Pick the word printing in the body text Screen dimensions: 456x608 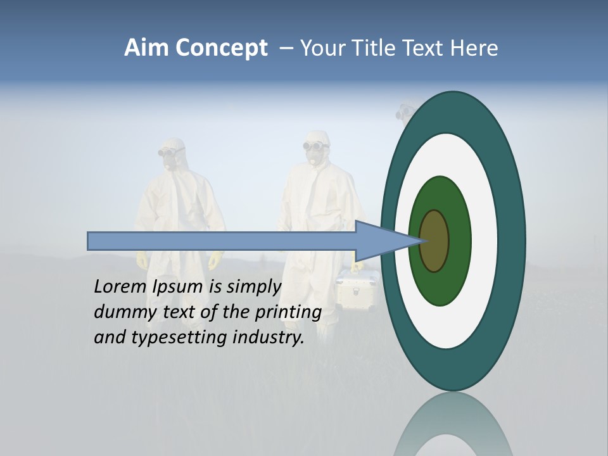pyautogui.click(x=288, y=313)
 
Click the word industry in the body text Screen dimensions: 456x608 pyautogui.click(x=269, y=338)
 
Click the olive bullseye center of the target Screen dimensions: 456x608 pyautogui.click(x=434, y=241)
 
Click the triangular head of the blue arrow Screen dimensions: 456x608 pyautogui.click(x=380, y=241)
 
